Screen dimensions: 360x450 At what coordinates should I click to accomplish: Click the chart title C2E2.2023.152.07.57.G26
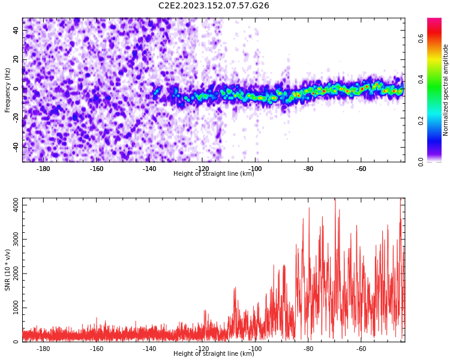pos(214,6)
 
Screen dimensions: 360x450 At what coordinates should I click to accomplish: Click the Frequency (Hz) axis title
pos(8,90)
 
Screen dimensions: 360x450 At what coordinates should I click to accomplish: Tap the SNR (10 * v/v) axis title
pos(8,270)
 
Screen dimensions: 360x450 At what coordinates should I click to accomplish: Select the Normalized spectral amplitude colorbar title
pos(446,90)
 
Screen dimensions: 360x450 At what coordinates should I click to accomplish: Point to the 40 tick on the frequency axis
pos(16,31)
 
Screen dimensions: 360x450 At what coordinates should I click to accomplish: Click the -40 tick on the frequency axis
pos(16,146)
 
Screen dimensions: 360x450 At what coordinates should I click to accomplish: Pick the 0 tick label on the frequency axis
pos(16,88)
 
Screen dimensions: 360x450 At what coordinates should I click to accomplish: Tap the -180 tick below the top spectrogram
pos(44,169)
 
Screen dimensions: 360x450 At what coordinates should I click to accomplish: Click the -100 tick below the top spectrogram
pos(256,169)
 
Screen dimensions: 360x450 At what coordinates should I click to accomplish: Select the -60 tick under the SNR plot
pos(361,349)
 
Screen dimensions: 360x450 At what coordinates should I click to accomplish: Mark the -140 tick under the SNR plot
pos(149,349)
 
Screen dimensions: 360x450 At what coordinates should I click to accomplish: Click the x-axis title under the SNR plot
pos(214,354)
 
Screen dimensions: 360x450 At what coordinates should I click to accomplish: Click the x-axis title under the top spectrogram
pos(214,174)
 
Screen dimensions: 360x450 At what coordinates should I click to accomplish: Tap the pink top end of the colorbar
pos(434,22)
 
